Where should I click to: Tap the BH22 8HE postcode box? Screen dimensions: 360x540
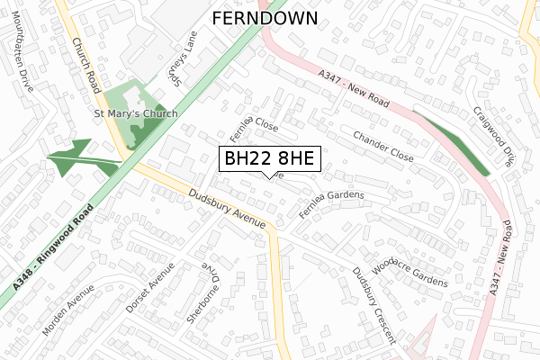point(270,159)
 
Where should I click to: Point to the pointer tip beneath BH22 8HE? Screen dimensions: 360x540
point(270,177)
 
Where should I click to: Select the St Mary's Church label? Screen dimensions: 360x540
point(136,114)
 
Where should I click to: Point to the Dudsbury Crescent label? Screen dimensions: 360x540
point(374,306)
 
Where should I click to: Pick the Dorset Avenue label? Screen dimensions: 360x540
point(150,287)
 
